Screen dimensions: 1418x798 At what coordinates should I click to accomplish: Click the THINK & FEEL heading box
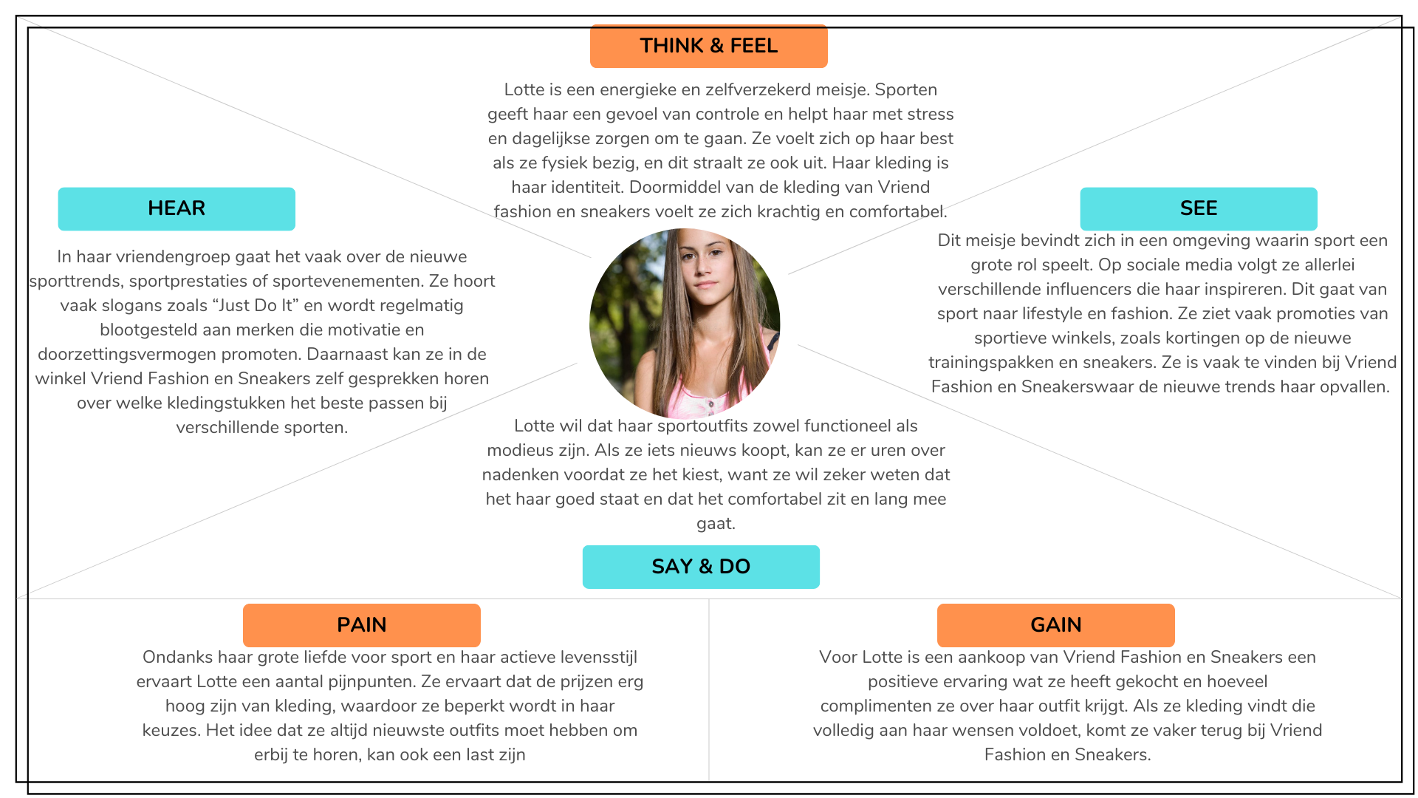click(708, 46)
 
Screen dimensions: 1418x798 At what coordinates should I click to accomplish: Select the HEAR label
click(177, 208)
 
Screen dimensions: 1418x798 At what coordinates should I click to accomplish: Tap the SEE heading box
click(1198, 208)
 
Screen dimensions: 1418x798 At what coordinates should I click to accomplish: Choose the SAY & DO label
click(701, 567)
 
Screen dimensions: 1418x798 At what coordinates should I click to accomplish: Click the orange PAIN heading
click(362, 625)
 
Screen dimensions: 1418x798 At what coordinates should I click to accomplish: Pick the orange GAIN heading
click(1056, 625)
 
